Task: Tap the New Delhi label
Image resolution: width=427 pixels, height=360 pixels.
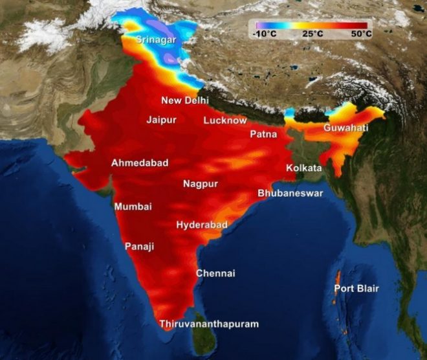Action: click(x=185, y=100)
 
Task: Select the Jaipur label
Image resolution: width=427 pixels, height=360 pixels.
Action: click(x=162, y=120)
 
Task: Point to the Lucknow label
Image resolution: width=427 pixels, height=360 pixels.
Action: click(x=225, y=120)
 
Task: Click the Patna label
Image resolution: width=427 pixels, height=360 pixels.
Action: click(x=263, y=135)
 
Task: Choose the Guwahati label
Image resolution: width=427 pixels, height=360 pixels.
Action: click(x=346, y=128)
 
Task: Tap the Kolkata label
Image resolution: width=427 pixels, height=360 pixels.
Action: click(x=304, y=168)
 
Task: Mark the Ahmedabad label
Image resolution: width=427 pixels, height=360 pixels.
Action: click(x=140, y=163)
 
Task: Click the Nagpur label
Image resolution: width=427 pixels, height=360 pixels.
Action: click(x=201, y=184)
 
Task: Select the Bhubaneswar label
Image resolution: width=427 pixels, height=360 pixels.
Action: click(x=290, y=194)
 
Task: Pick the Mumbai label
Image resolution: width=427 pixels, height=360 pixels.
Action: click(x=133, y=207)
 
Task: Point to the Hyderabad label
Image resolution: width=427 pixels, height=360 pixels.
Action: click(x=202, y=225)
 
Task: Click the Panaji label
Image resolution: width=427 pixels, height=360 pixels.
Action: click(x=140, y=247)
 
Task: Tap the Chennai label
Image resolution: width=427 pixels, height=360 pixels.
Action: click(x=215, y=273)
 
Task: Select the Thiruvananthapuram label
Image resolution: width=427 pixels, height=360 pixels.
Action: click(x=209, y=324)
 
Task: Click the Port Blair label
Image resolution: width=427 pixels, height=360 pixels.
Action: click(x=356, y=288)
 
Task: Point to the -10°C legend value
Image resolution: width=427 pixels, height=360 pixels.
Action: click(x=266, y=33)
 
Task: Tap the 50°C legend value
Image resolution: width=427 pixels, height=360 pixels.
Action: click(x=360, y=33)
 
